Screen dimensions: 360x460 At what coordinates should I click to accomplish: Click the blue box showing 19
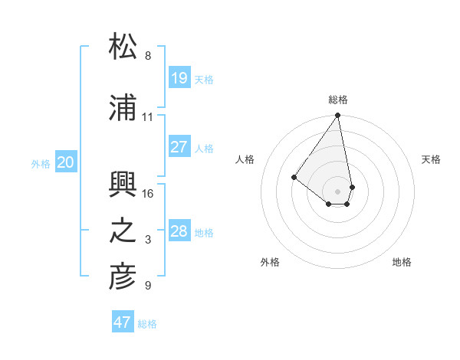(179, 77)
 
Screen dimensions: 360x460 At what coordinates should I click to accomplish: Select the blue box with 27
(179, 147)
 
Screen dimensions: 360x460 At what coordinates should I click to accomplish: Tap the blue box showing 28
(179, 231)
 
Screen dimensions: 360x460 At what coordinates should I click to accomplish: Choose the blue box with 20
(66, 162)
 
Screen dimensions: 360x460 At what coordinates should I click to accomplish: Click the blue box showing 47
(123, 322)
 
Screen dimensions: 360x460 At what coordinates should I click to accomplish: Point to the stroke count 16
(148, 193)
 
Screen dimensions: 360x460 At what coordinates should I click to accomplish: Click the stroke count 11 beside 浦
(148, 117)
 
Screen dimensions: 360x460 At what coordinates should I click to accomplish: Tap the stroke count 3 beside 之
(148, 240)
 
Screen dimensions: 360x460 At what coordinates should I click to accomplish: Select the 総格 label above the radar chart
(338, 100)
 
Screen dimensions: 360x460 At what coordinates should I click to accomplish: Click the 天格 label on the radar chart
(431, 159)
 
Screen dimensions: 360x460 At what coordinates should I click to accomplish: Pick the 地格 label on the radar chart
(402, 262)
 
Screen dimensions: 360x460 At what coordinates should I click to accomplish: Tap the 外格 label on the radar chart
(270, 262)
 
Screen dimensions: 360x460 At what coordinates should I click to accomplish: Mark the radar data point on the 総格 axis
(338, 116)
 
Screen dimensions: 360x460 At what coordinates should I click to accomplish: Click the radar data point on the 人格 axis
(294, 177)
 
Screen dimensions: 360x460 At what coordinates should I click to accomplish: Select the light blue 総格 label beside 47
(147, 324)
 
